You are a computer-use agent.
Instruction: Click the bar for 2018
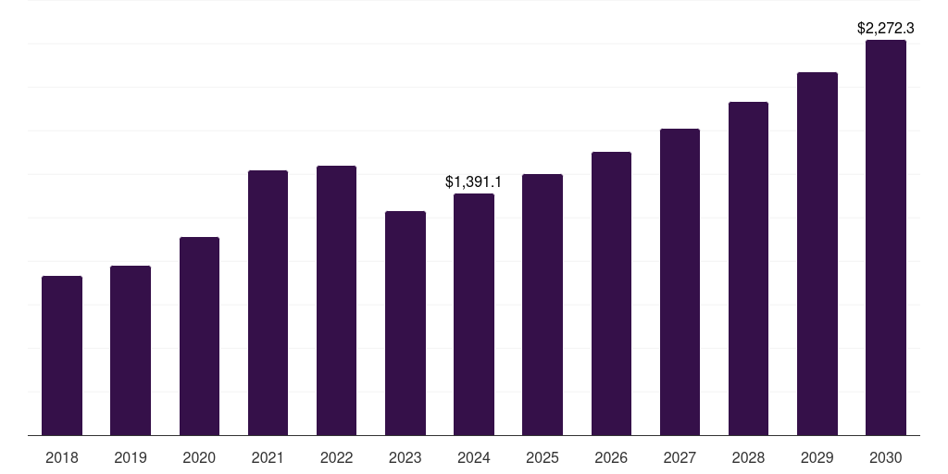[x=62, y=355]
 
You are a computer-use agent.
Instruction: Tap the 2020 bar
[x=199, y=336]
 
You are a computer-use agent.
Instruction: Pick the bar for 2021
[x=268, y=303]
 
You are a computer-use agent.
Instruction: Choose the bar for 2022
[x=336, y=300]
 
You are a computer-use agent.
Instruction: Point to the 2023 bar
[x=405, y=323]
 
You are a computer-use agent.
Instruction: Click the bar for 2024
[x=474, y=314]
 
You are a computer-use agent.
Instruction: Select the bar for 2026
[x=611, y=293]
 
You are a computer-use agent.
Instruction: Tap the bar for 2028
[x=748, y=268]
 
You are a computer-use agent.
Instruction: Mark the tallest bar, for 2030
[x=886, y=237]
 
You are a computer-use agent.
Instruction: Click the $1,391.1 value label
[x=474, y=182]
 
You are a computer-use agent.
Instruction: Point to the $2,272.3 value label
[x=886, y=29]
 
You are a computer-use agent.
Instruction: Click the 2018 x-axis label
[x=62, y=457]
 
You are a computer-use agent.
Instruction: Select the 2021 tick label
[x=268, y=457]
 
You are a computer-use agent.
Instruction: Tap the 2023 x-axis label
[x=405, y=457]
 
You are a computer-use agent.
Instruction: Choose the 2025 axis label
[x=543, y=457]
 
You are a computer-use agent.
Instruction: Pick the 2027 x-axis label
[x=680, y=457]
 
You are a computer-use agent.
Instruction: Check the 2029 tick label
[x=817, y=457]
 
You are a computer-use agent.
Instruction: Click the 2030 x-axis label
[x=886, y=457]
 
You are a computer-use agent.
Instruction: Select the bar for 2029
[x=817, y=254]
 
